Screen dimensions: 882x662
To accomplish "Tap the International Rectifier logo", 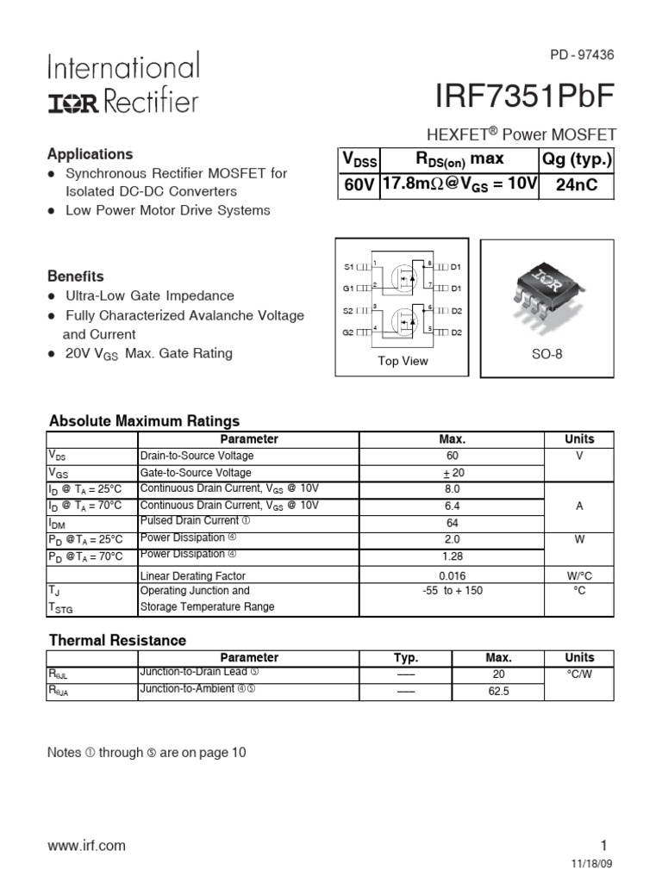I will (x=123, y=84).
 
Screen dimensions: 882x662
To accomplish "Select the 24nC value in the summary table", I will (x=577, y=185).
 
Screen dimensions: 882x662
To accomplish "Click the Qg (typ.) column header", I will (x=577, y=159).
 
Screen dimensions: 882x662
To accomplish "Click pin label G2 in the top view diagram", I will (x=349, y=332).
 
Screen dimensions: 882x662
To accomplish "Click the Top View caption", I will (x=403, y=361).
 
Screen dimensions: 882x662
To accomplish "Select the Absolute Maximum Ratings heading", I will (x=145, y=421).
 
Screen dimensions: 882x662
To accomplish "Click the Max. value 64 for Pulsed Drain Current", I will (x=453, y=523).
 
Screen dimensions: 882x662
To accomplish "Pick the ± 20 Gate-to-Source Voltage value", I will (x=453, y=472).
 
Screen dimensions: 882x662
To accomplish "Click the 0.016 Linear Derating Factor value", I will (x=453, y=575).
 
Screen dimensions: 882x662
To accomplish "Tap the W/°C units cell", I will (x=579, y=575).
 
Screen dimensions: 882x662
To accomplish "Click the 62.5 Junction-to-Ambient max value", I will (x=499, y=691).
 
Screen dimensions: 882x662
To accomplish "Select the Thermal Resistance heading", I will (x=117, y=640).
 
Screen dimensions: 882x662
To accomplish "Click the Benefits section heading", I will (x=76, y=276).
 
